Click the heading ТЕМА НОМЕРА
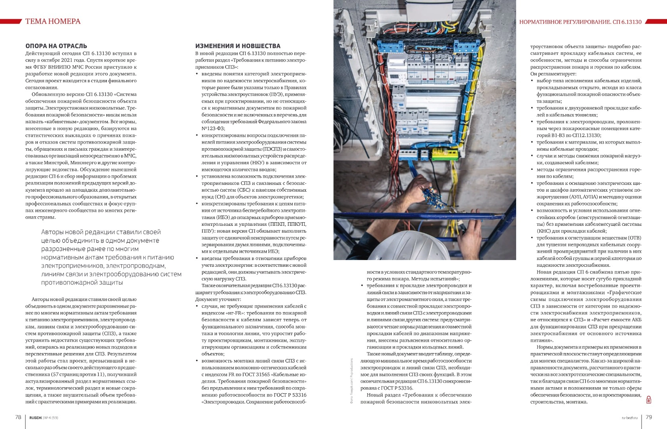click(x=53, y=21)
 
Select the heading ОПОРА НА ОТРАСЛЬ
click(x=56, y=46)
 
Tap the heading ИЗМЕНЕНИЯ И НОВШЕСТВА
click(x=237, y=46)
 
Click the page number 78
click(x=18, y=417)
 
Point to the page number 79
click(x=649, y=417)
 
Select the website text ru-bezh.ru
click(x=629, y=417)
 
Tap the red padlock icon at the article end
click(x=649, y=400)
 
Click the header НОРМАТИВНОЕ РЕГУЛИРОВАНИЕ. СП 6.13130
click(x=580, y=22)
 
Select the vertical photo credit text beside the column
click(x=351, y=380)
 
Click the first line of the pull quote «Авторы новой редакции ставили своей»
click(x=101, y=232)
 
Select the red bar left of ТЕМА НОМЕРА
click(x=11, y=21)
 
